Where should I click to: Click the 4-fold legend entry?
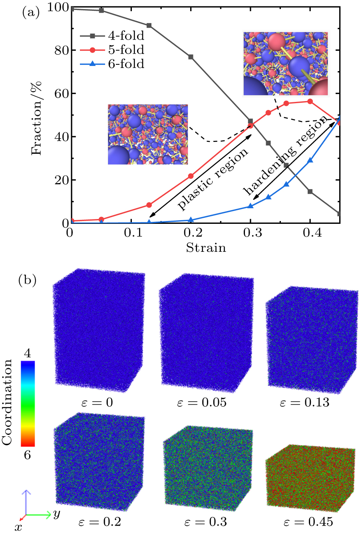pos(112,36)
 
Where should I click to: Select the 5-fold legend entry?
pos(112,50)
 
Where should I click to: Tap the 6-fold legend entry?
pos(112,64)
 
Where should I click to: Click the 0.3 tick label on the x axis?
pos(250,233)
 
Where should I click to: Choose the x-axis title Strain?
pos(206,248)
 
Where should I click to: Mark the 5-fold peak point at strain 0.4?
pos(310,102)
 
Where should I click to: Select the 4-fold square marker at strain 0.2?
pos(191,57)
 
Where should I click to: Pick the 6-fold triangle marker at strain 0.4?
pos(310,160)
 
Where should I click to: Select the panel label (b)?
pos(28,280)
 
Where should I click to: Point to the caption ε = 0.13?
pos(304,402)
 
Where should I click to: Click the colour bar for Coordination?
pos(28,404)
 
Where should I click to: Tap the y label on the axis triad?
pos(57,514)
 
